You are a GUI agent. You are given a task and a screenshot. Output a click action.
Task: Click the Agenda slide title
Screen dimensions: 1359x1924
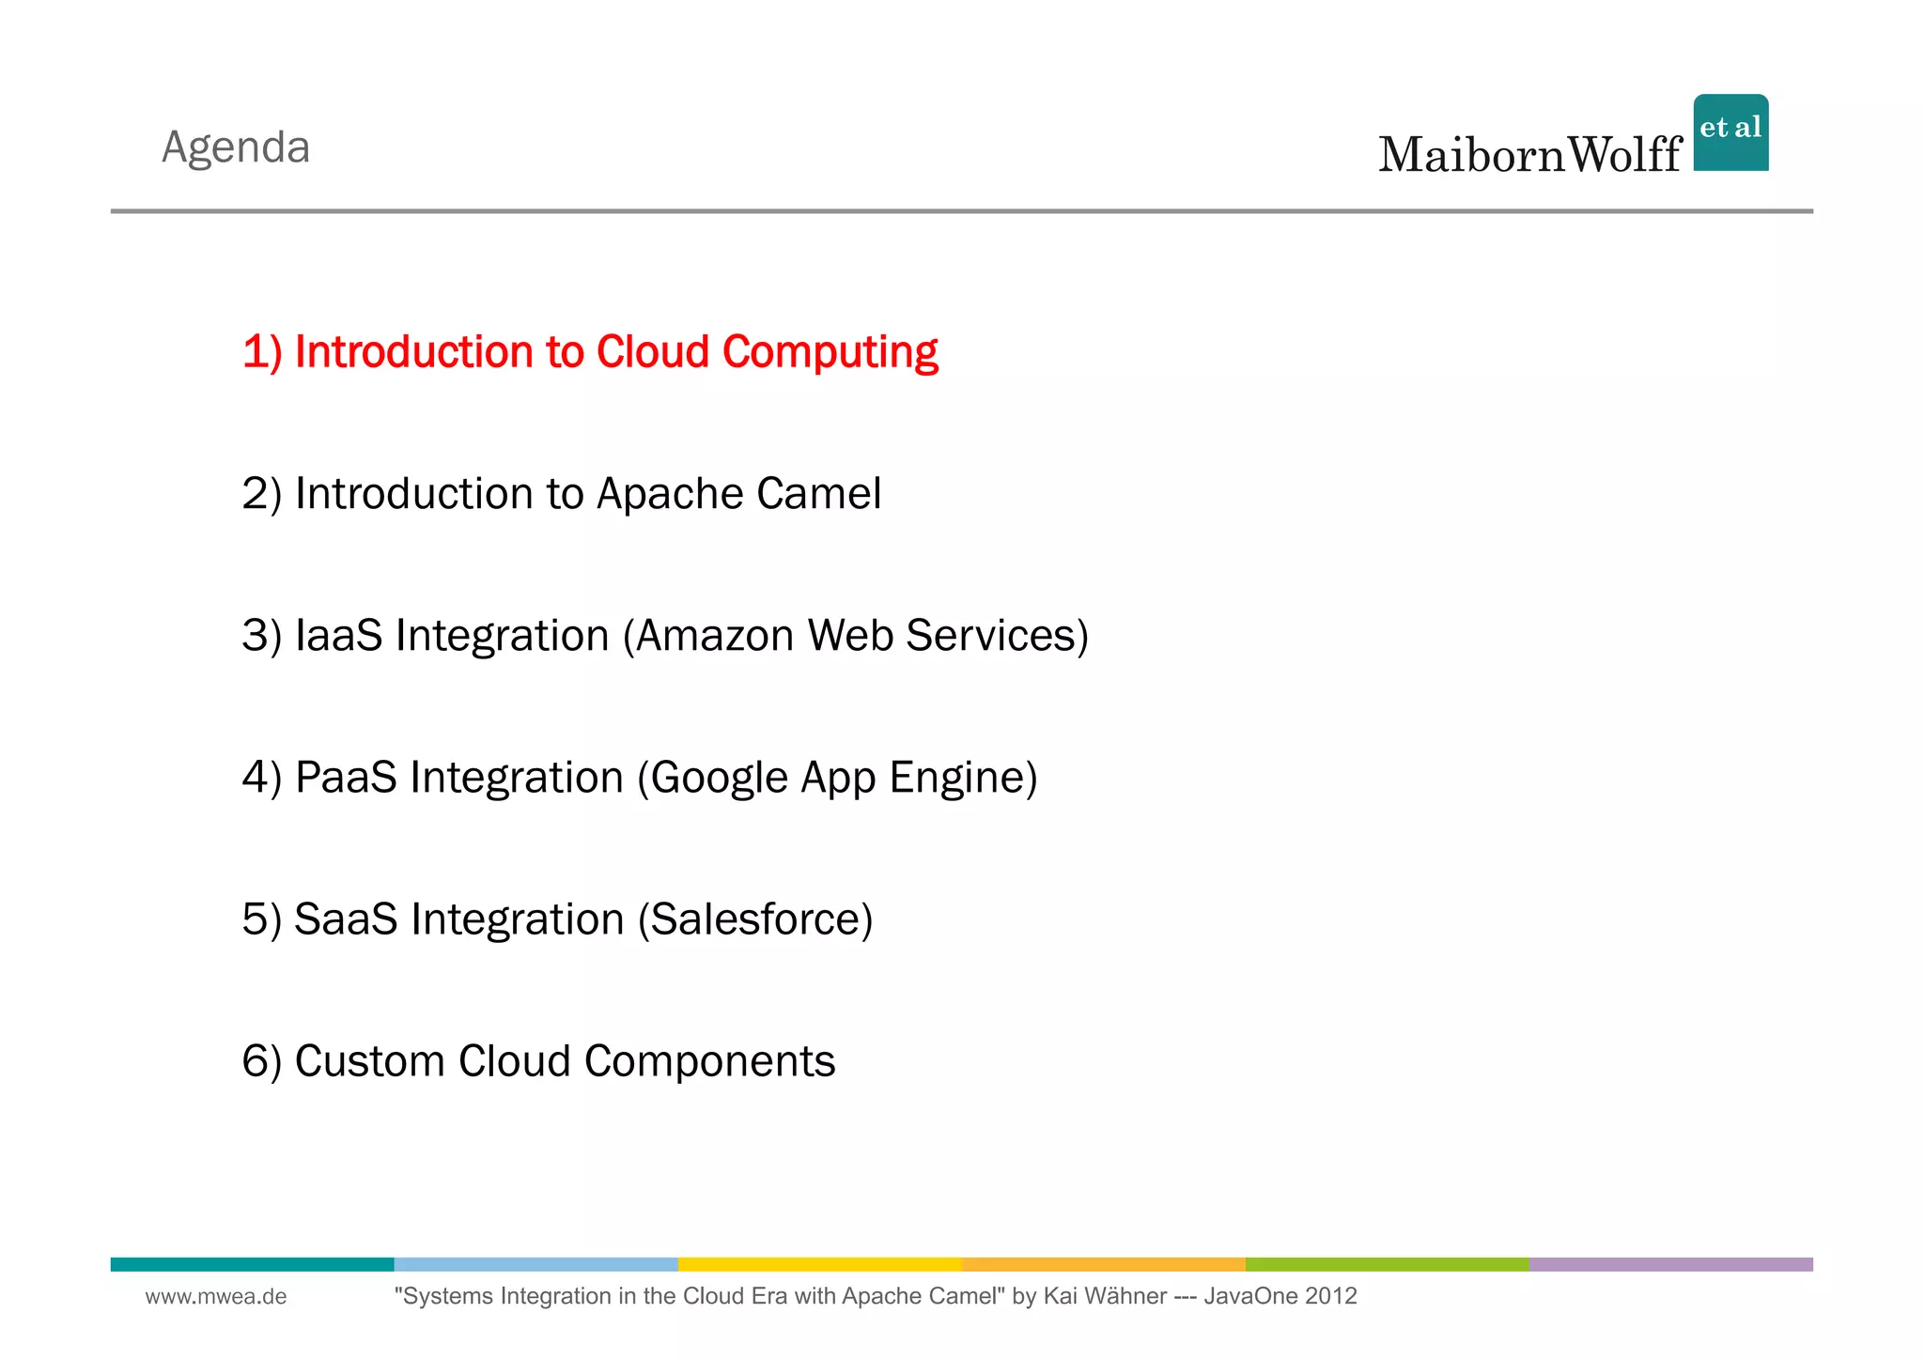(236, 147)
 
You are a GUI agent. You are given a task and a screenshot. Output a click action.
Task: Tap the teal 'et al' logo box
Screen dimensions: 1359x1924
(1730, 132)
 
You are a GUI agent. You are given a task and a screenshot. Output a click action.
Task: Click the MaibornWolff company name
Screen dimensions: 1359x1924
(1529, 155)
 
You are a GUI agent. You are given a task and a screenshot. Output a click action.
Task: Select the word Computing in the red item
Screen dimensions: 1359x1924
(830, 353)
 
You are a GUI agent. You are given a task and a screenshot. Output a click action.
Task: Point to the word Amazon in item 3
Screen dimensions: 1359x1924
(715, 636)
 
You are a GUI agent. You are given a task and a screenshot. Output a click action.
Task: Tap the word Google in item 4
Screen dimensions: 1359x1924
(719, 779)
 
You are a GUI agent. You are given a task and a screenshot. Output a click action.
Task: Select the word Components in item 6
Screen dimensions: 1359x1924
(709, 1062)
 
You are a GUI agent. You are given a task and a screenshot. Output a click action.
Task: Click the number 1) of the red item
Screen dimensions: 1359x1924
(262, 353)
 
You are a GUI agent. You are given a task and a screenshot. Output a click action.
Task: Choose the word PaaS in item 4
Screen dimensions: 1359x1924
(346, 778)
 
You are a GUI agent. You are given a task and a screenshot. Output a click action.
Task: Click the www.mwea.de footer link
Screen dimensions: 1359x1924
(216, 1297)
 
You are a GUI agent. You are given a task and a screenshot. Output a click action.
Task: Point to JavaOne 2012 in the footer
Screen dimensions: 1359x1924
(1280, 1297)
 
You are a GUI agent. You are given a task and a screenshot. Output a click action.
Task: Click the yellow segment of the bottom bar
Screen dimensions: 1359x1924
(819, 1264)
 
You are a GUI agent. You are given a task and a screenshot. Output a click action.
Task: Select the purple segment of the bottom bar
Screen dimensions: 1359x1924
(1670, 1264)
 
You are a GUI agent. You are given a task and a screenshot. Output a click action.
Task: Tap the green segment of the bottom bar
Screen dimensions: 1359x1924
(1387, 1264)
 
